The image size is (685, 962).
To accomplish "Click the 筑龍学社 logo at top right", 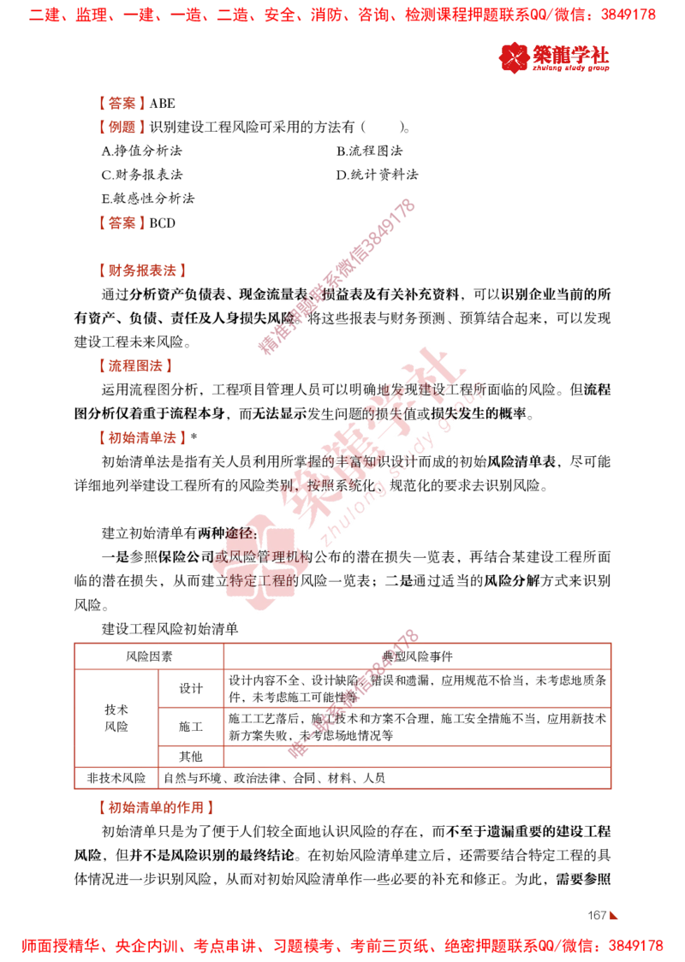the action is (554, 57).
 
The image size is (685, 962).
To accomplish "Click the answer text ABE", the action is (162, 103).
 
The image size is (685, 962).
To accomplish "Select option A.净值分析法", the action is (142, 151).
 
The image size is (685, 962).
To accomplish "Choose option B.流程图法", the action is (370, 151).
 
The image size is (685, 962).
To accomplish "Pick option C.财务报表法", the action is (142, 175).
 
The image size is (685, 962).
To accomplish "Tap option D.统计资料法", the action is (377, 175).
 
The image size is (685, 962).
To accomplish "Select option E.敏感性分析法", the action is (148, 199).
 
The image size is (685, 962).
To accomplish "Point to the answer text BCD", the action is (162, 223).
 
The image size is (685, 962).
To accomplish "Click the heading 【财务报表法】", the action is (142, 270).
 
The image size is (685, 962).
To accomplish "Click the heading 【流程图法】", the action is (135, 366).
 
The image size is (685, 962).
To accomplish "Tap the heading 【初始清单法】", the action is (142, 438).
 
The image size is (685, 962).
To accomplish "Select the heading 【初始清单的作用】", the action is (156, 808).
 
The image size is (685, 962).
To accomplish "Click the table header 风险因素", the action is (148, 656).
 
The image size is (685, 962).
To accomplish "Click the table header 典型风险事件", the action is (417, 656).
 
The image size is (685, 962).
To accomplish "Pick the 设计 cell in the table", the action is (190, 688).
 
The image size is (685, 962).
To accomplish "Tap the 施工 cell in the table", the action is (190, 727).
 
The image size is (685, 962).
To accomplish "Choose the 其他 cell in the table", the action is (190, 757).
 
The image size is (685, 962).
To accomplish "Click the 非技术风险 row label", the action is (116, 778).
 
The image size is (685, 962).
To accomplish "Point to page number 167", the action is (597, 916).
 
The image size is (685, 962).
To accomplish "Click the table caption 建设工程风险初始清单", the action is (170, 629).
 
